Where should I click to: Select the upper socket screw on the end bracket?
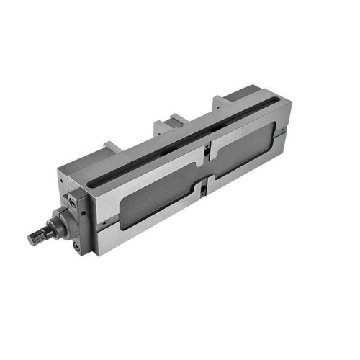pyautogui.click(x=73, y=202)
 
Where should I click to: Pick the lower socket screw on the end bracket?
pyautogui.click(x=76, y=246)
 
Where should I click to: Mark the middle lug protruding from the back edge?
pyautogui.click(x=163, y=123)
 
